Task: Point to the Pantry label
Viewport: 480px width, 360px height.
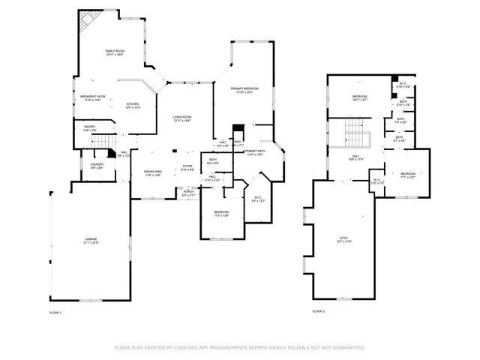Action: (89, 128)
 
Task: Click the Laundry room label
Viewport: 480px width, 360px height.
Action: (97, 166)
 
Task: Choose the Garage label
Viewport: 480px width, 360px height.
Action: (90, 241)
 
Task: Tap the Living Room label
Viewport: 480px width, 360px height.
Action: (182, 118)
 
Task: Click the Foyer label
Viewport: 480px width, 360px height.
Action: (187, 168)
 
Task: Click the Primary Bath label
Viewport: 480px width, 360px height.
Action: (253, 153)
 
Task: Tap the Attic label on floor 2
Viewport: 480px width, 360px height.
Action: (343, 240)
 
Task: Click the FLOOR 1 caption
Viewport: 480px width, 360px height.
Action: (55, 312)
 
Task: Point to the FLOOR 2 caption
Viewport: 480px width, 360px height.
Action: (319, 312)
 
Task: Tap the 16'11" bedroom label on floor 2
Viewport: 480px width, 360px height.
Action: (360, 98)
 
